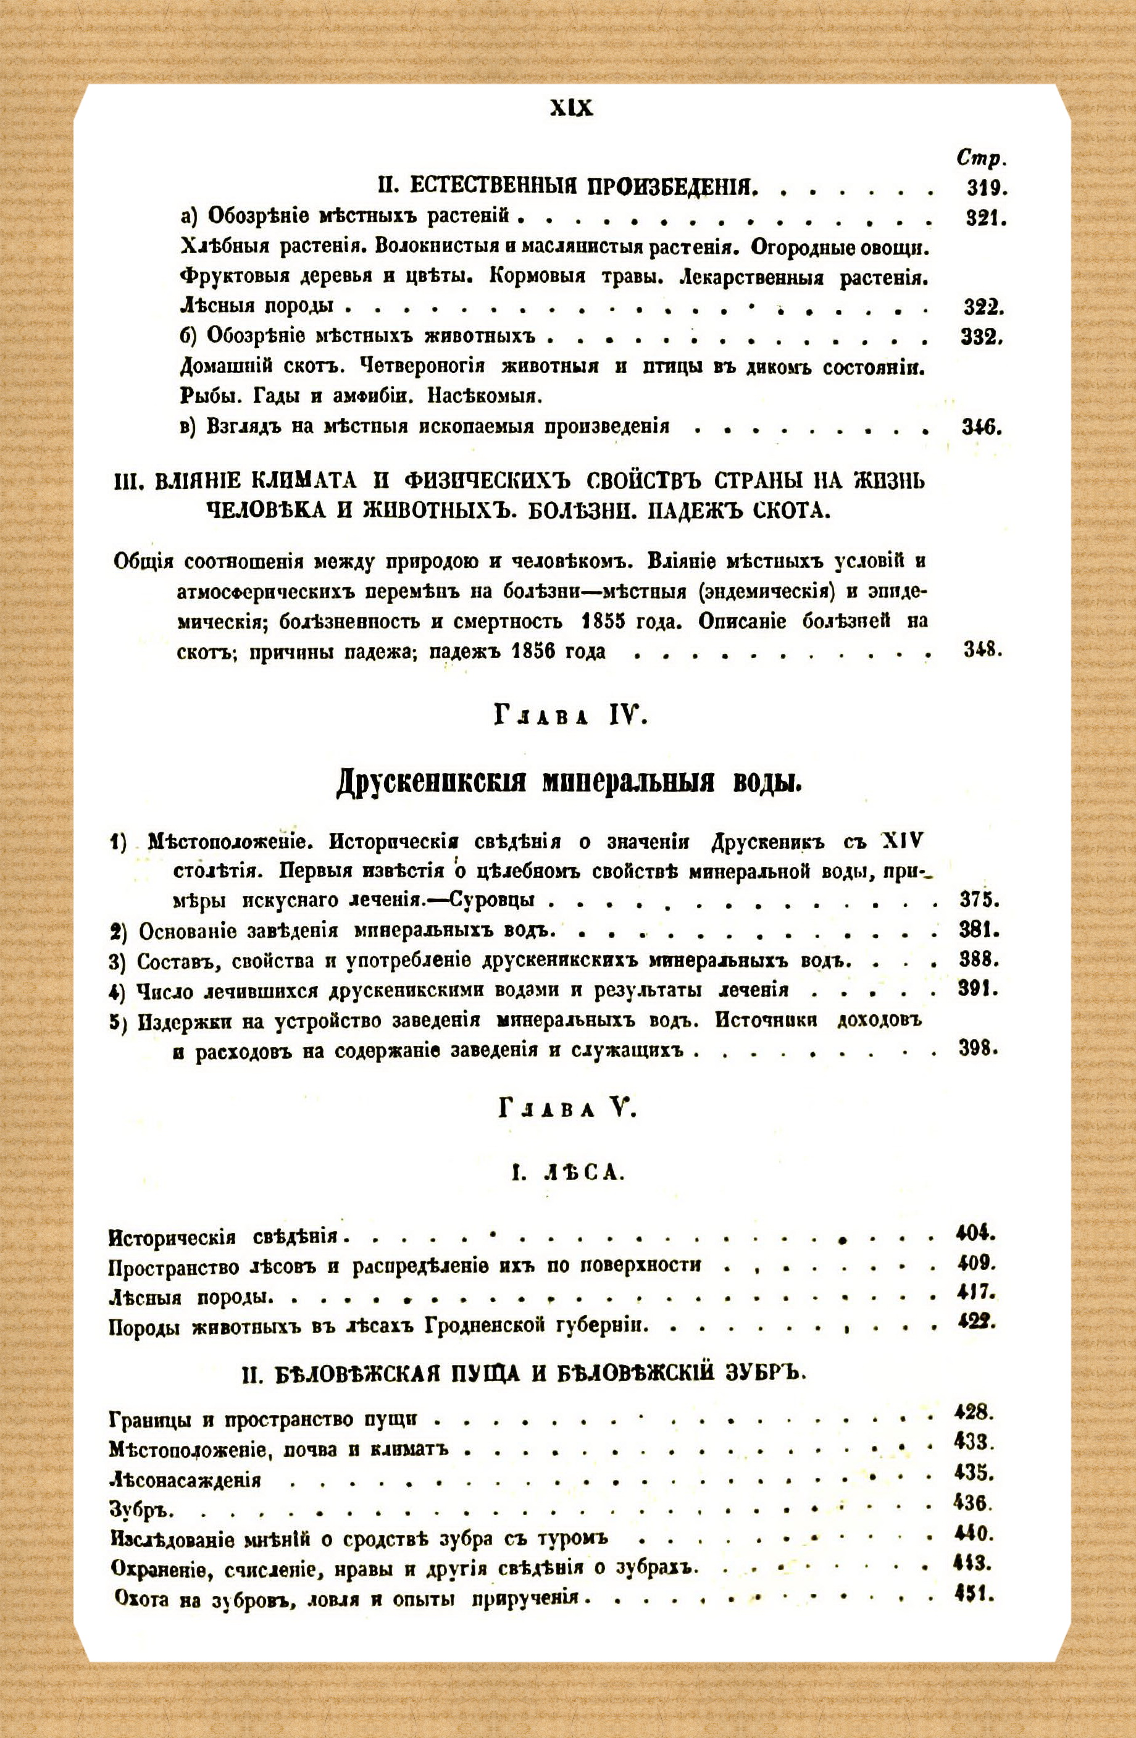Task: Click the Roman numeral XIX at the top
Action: (x=571, y=109)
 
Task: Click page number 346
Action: (x=981, y=427)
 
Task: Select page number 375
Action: (x=979, y=900)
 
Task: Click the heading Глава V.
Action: (x=569, y=1111)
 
